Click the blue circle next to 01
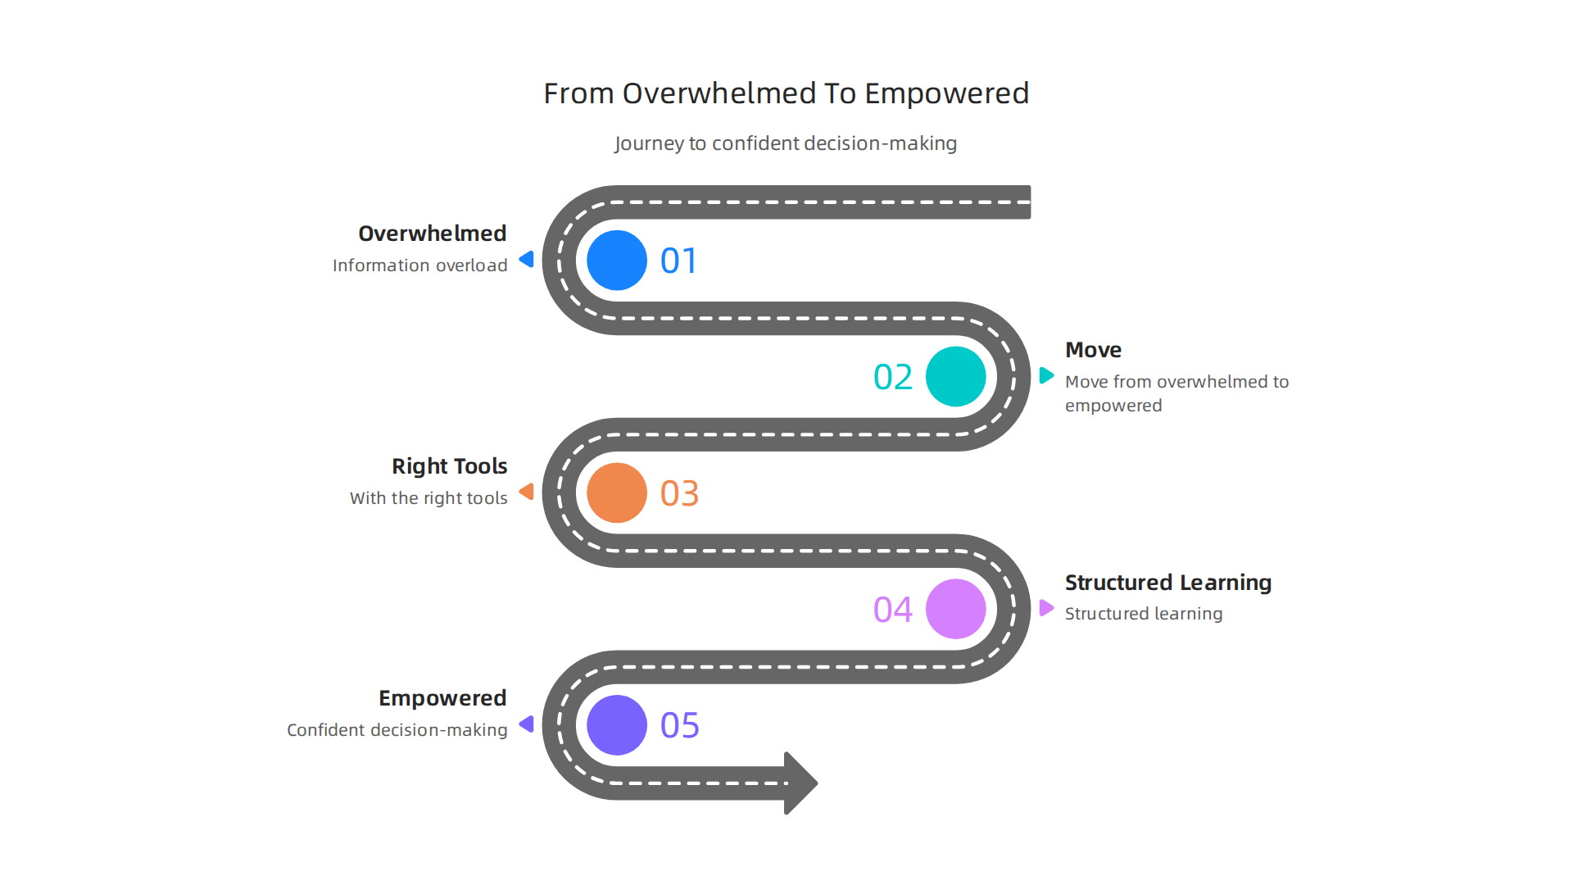[617, 261]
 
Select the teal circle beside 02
[955, 377]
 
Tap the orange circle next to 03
[617, 493]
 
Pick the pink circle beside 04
[955, 609]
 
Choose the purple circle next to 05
[617, 725]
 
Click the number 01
[678, 261]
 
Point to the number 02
[892, 378]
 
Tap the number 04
[892, 610]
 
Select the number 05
[679, 726]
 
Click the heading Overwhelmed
[432, 234]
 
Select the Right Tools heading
[449, 466]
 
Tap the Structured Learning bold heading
[1167, 583]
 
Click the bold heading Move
[1093, 350]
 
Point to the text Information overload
[419, 265]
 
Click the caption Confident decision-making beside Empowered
[397, 730]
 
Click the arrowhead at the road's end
[800, 783]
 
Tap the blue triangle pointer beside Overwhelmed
[528, 260]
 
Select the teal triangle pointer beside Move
[1046, 376]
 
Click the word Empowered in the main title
[946, 94]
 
